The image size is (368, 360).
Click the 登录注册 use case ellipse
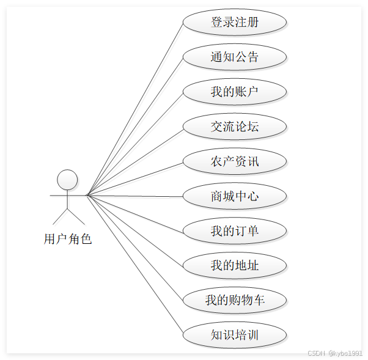[x=235, y=23]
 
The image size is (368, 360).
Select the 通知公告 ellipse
[x=235, y=57]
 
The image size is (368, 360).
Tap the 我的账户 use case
[x=235, y=92]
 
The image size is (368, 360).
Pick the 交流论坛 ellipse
[x=235, y=127]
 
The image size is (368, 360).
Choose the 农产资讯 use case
[x=235, y=161]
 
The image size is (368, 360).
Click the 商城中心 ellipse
[x=235, y=196]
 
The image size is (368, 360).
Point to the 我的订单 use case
[x=235, y=231]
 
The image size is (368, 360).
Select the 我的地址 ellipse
[x=235, y=266]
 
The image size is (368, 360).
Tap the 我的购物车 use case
[x=235, y=301]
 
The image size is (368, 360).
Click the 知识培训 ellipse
[x=235, y=336]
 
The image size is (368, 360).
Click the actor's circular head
[x=67, y=180]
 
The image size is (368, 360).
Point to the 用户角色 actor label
[x=67, y=239]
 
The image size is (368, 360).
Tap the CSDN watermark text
[x=334, y=353]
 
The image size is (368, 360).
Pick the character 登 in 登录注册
[x=217, y=23]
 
